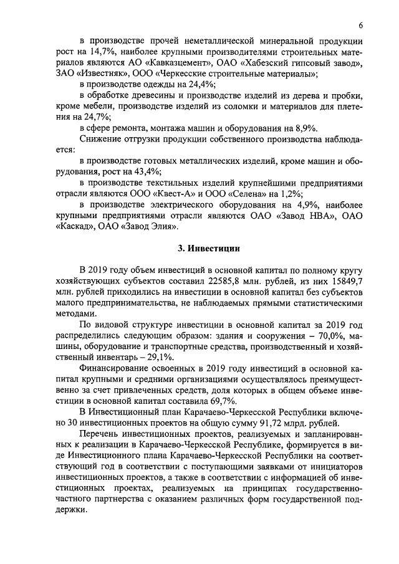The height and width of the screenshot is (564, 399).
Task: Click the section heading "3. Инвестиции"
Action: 205,248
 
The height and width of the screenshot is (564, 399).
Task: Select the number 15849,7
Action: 344,280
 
